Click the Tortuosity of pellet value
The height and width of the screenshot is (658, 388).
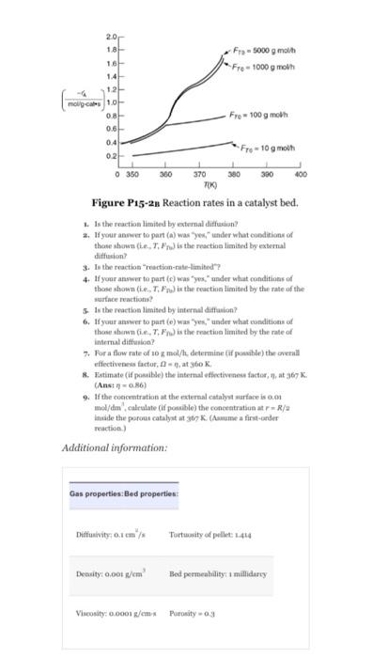point(216,535)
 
